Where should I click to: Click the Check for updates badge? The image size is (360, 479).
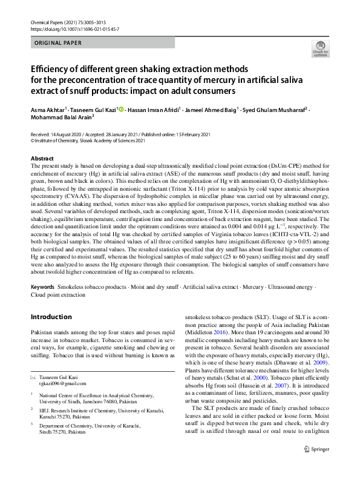pos(319,49)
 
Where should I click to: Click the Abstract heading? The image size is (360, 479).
pos(42,157)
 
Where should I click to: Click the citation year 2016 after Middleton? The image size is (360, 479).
pos(221,351)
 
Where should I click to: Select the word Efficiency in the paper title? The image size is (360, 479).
pos(51,70)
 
